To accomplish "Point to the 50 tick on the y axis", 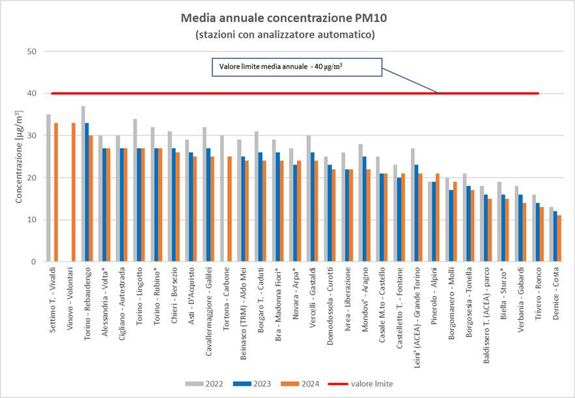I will coord(30,51).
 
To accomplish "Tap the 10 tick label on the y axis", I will coord(30,220).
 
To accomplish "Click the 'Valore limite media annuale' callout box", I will coord(295,68).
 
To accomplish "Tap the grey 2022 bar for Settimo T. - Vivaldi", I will coord(48,188).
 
